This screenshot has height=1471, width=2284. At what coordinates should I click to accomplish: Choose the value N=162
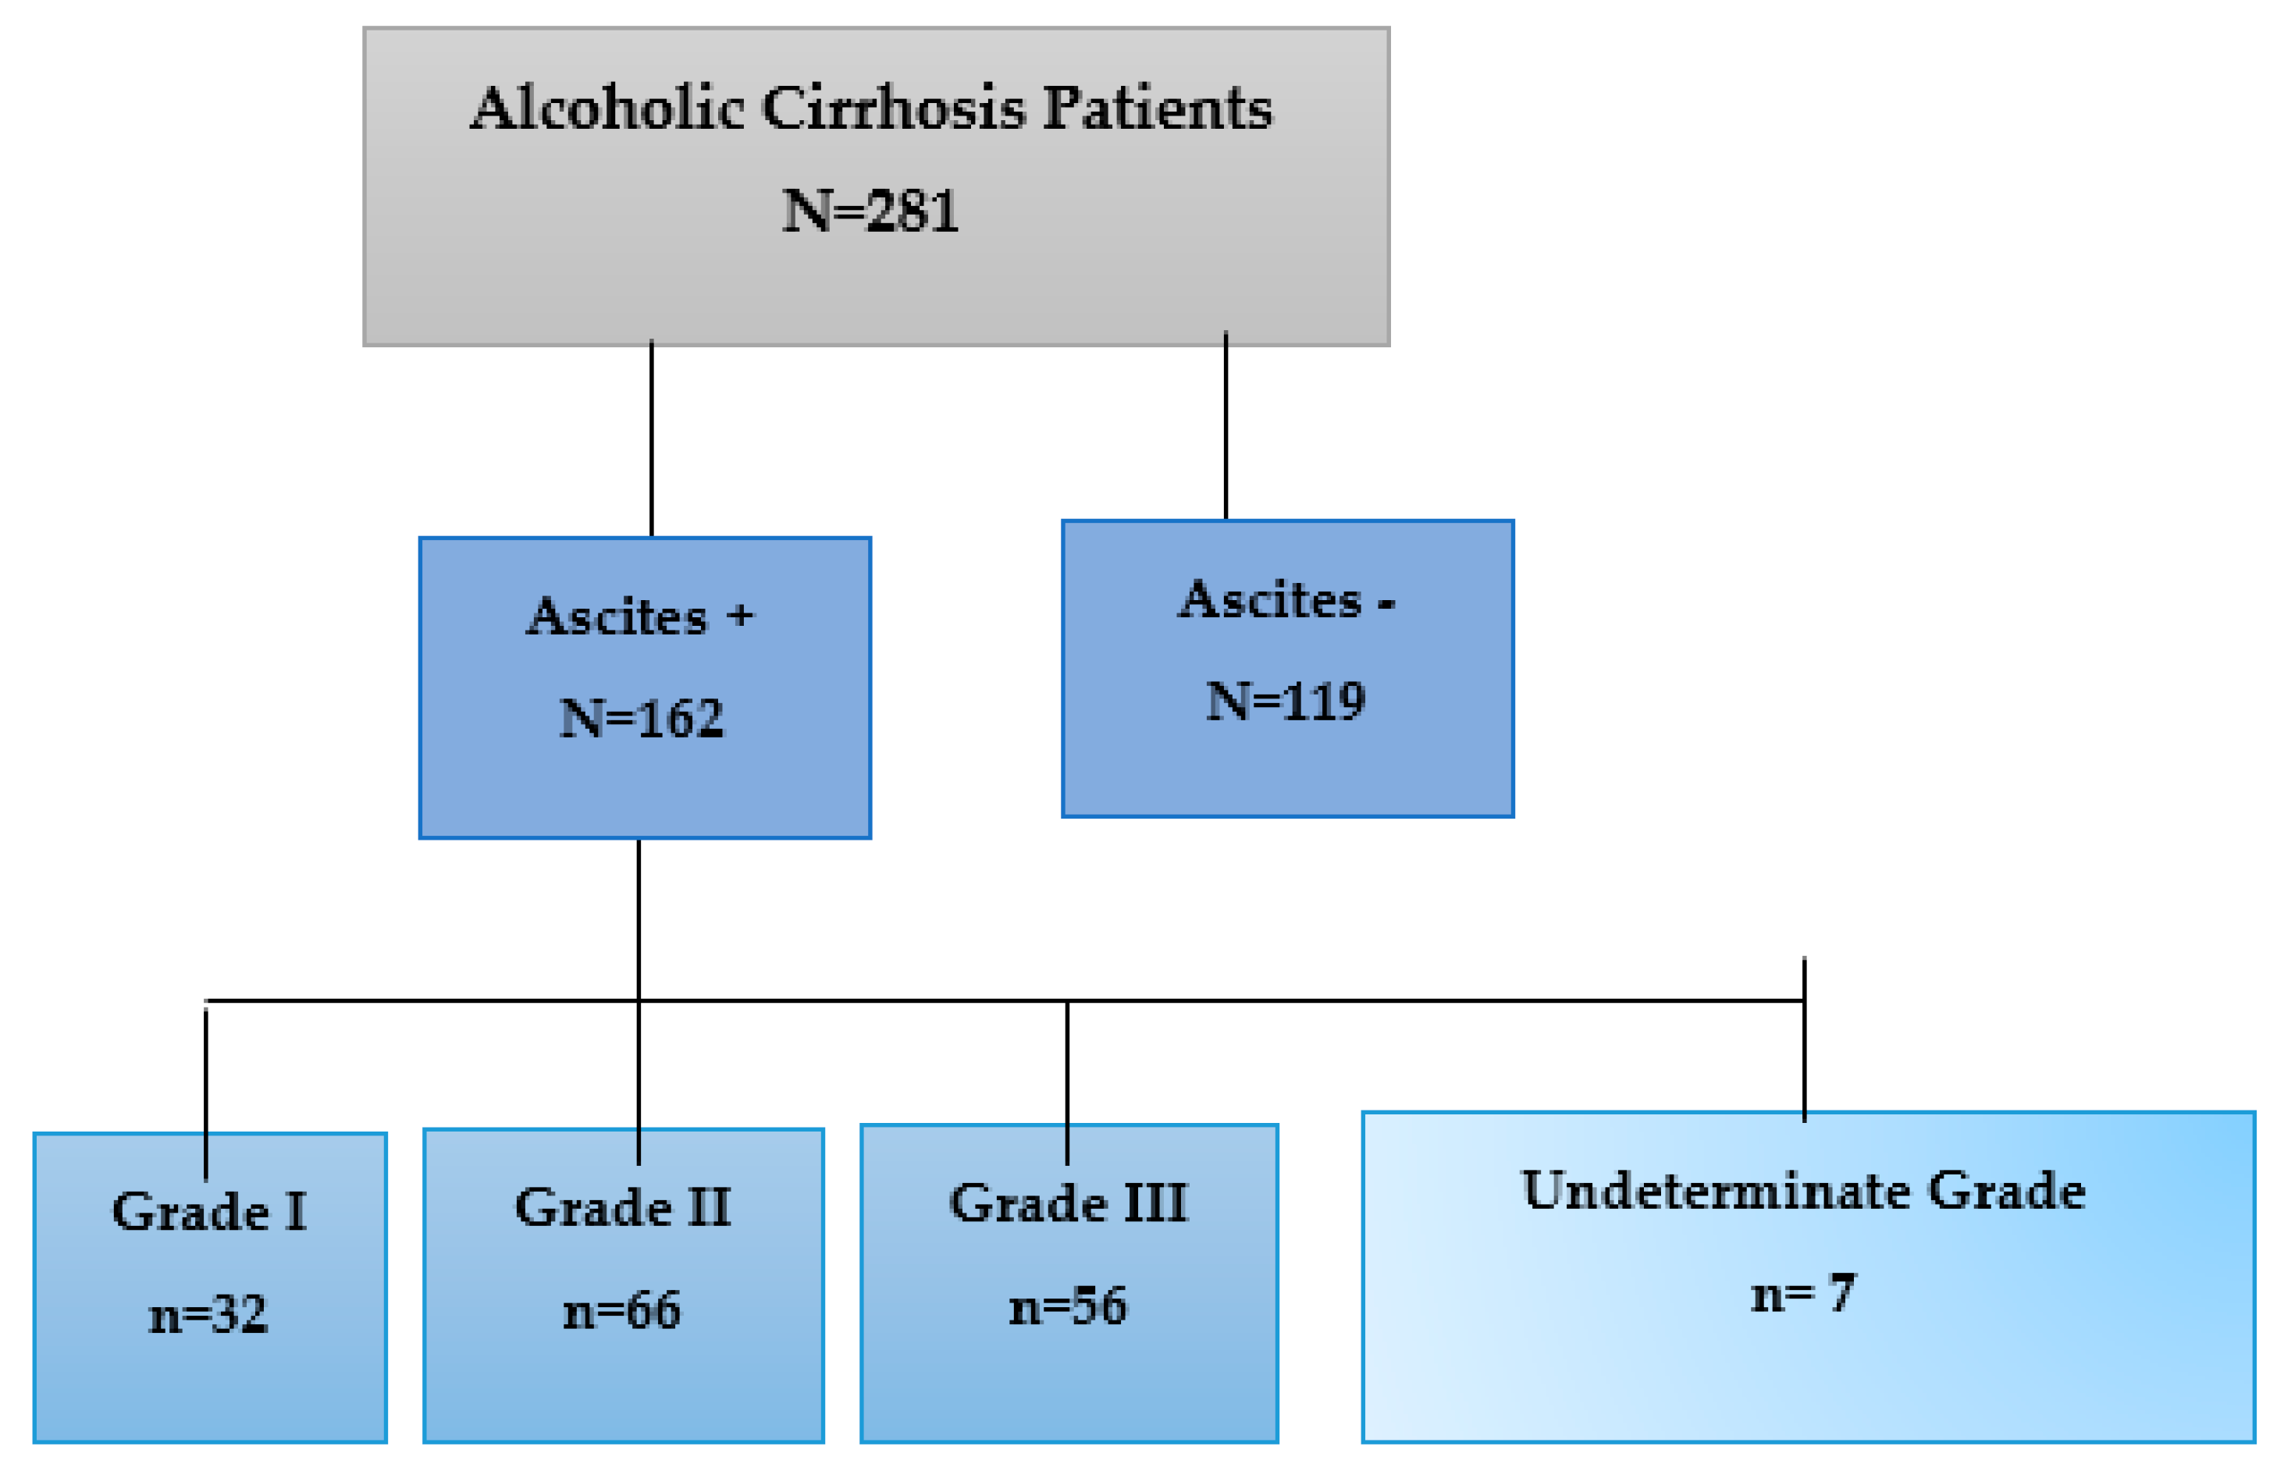coord(641,718)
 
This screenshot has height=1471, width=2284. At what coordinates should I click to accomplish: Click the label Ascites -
coord(1286,600)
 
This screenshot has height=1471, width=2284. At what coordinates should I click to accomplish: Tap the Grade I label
coord(209,1212)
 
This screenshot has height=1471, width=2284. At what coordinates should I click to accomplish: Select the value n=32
coord(208,1314)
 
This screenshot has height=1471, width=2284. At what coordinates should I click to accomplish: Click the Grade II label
coord(623,1207)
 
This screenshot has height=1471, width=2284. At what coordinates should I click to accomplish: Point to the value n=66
coord(622,1309)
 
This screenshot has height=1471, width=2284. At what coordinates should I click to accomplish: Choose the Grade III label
coord(1068,1203)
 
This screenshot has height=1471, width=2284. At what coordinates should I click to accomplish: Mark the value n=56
coord(1068,1306)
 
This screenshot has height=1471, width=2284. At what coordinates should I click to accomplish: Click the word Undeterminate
coord(1715,1190)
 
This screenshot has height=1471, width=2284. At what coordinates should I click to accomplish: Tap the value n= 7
coord(1802,1295)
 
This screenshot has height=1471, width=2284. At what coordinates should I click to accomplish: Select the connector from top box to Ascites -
coord(1226,426)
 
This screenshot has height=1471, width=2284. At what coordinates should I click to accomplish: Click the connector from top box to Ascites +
coord(652,439)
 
